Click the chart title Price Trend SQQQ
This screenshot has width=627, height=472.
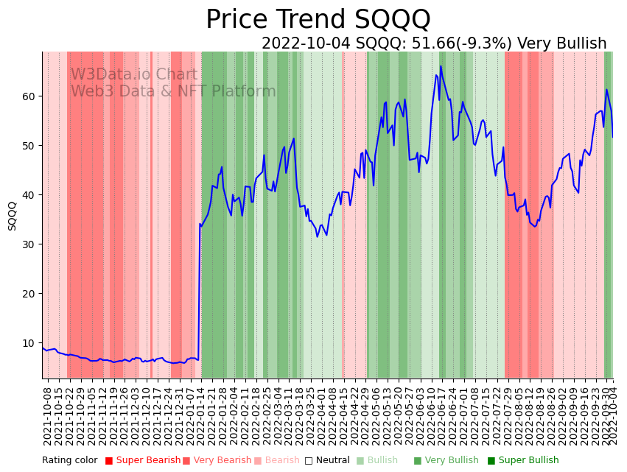pos(318,20)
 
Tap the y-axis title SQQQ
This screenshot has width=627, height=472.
pos(13,216)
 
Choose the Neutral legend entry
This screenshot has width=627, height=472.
pos(328,461)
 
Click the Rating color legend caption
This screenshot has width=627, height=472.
pos(69,461)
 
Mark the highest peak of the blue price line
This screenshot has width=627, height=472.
pos(441,66)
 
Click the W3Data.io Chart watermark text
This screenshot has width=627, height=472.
pos(134,75)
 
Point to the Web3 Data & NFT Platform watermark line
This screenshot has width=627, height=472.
pos(173,92)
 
